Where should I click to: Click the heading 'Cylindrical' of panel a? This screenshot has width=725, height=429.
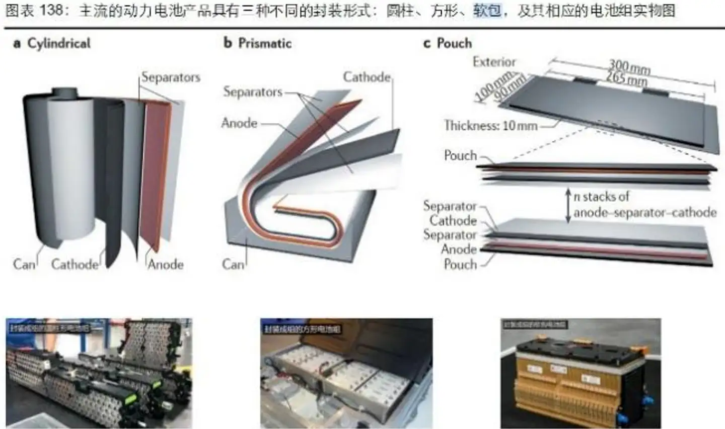click(58, 43)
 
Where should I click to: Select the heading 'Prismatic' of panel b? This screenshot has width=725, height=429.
click(265, 43)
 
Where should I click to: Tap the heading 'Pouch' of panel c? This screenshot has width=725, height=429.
click(454, 43)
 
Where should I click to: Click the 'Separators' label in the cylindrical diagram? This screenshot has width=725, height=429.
click(171, 77)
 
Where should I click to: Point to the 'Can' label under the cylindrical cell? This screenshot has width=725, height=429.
click(24, 264)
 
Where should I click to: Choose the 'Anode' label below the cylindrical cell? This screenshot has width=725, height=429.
click(166, 264)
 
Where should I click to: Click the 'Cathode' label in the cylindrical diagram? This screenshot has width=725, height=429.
click(75, 264)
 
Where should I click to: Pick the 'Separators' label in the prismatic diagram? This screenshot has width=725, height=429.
click(253, 92)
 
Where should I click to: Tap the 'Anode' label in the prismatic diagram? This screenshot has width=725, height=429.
click(239, 123)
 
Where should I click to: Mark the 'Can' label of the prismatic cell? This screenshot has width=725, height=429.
click(233, 264)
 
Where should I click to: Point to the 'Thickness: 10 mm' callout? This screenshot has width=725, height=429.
click(490, 125)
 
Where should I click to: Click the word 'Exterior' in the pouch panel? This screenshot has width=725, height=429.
click(494, 62)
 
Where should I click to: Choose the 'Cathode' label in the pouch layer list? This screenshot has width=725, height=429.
click(453, 220)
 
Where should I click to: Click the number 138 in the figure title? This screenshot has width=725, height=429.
click(51, 11)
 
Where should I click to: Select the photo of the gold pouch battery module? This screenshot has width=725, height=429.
click(581, 373)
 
